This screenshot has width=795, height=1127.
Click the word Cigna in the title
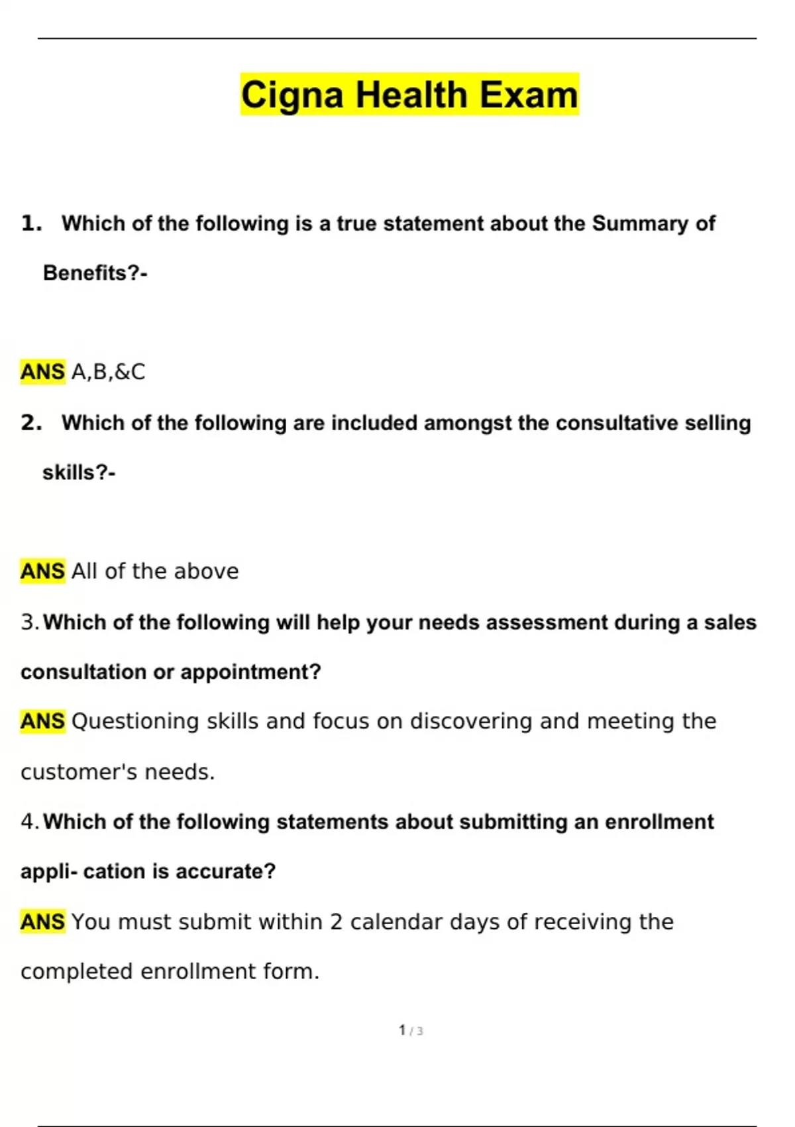click(291, 95)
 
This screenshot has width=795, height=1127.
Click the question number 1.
click(30, 223)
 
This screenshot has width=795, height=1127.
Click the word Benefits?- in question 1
click(95, 273)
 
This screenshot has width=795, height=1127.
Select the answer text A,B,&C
click(108, 372)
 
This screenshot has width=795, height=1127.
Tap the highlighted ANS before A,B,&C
click(43, 372)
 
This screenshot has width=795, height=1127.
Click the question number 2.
click(30, 423)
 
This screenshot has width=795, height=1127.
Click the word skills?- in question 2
click(79, 473)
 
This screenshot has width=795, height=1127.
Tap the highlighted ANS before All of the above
click(43, 571)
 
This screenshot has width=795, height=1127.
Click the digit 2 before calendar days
click(336, 922)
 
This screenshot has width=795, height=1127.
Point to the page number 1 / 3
click(411, 1030)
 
